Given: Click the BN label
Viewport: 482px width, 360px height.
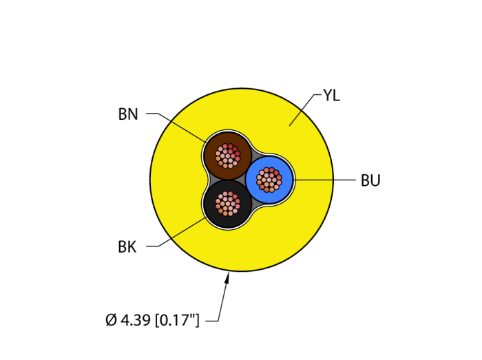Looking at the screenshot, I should (128, 114).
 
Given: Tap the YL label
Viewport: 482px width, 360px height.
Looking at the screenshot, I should (331, 96).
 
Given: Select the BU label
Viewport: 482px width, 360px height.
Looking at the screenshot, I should (370, 181).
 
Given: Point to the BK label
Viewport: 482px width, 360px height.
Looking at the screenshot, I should (127, 247).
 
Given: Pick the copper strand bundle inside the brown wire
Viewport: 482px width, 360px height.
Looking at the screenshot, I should (227, 156).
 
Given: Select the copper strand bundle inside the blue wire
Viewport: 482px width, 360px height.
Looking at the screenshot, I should (269, 180).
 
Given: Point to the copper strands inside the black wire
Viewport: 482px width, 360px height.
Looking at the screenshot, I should (227, 203).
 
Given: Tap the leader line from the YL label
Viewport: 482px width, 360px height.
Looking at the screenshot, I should (303, 110).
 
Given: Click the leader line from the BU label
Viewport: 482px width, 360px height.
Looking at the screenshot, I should (324, 180).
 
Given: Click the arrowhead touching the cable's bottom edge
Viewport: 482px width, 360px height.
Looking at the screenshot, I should (227, 277).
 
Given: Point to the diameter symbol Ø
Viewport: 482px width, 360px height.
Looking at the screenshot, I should (111, 320).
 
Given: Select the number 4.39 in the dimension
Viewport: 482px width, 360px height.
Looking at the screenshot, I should (135, 320).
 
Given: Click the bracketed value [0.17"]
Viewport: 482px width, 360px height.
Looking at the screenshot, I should (177, 320).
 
